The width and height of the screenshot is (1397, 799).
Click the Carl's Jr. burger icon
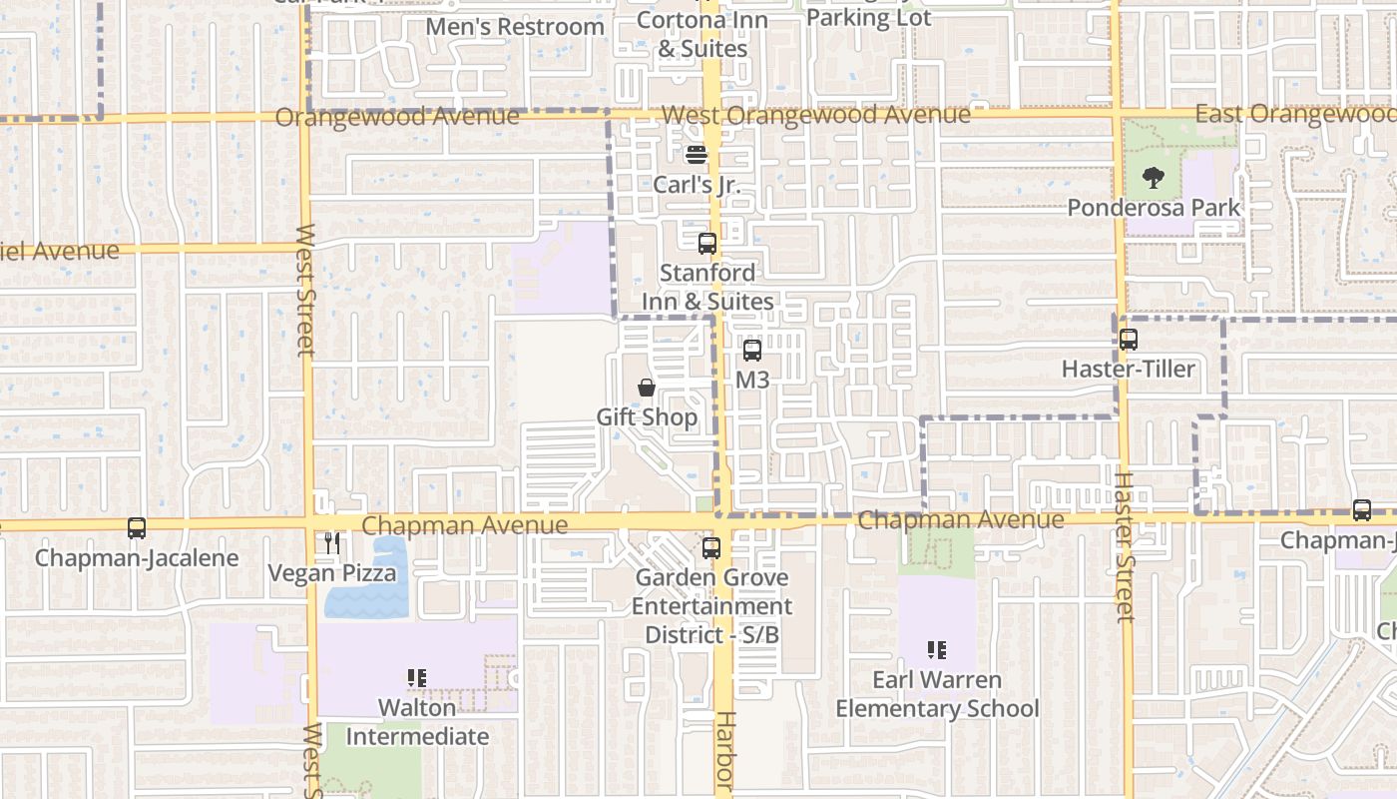(x=697, y=155)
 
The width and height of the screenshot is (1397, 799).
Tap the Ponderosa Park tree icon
(x=1154, y=179)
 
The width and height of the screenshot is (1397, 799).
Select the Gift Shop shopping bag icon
(x=647, y=388)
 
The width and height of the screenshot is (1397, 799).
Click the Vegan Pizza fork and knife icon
(x=332, y=543)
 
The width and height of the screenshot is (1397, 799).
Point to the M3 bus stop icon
(x=752, y=351)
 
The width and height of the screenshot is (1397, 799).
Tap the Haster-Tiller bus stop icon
(x=1128, y=340)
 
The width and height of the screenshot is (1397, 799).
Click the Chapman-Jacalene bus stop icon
(x=137, y=528)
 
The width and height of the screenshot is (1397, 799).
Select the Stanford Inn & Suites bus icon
(x=707, y=243)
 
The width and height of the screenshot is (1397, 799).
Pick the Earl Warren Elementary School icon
(x=937, y=650)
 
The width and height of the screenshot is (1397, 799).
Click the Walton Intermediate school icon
(x=417, y=678)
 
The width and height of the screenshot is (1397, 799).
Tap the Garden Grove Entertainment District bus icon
(x=711, y=547)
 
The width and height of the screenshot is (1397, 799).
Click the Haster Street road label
(x=1125, y=546)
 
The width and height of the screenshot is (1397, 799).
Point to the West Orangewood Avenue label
(x=815, y=115)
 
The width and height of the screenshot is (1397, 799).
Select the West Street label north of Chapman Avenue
(x=305, y=290)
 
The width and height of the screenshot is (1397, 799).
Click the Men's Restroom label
(x=515, y=27)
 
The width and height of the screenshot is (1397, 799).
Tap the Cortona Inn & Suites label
(x=702, y=34)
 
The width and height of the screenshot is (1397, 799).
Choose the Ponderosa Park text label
(x=1154, y=208)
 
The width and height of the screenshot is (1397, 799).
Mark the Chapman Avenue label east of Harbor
(x=960, y=520)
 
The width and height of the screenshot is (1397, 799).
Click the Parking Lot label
(x=868, y=17)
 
